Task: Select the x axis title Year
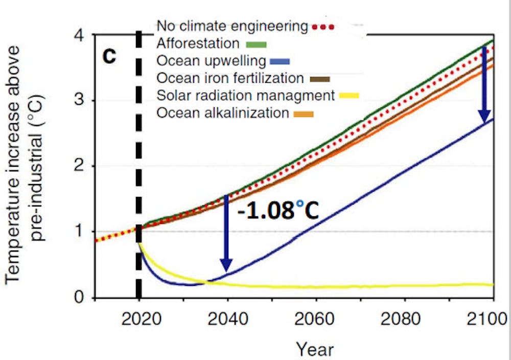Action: tap(315, 349)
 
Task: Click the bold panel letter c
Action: tap(109, 56)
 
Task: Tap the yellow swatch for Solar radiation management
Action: tap(348, 96)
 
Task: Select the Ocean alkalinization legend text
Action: tap(223, 112)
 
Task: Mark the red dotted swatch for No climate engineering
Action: tap(322, 26)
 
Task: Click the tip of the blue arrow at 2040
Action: tap(226, 269)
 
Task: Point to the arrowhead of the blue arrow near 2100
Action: tap(484, 121)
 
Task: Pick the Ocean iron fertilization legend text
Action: tap(230, 78)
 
